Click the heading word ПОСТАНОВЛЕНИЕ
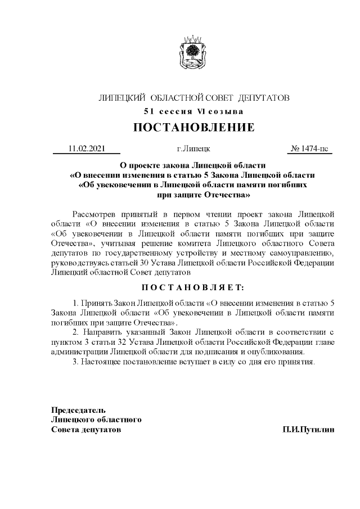193,127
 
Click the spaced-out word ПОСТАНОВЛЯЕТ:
193,287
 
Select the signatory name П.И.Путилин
308,429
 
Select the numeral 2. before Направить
76,332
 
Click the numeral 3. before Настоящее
76,361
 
